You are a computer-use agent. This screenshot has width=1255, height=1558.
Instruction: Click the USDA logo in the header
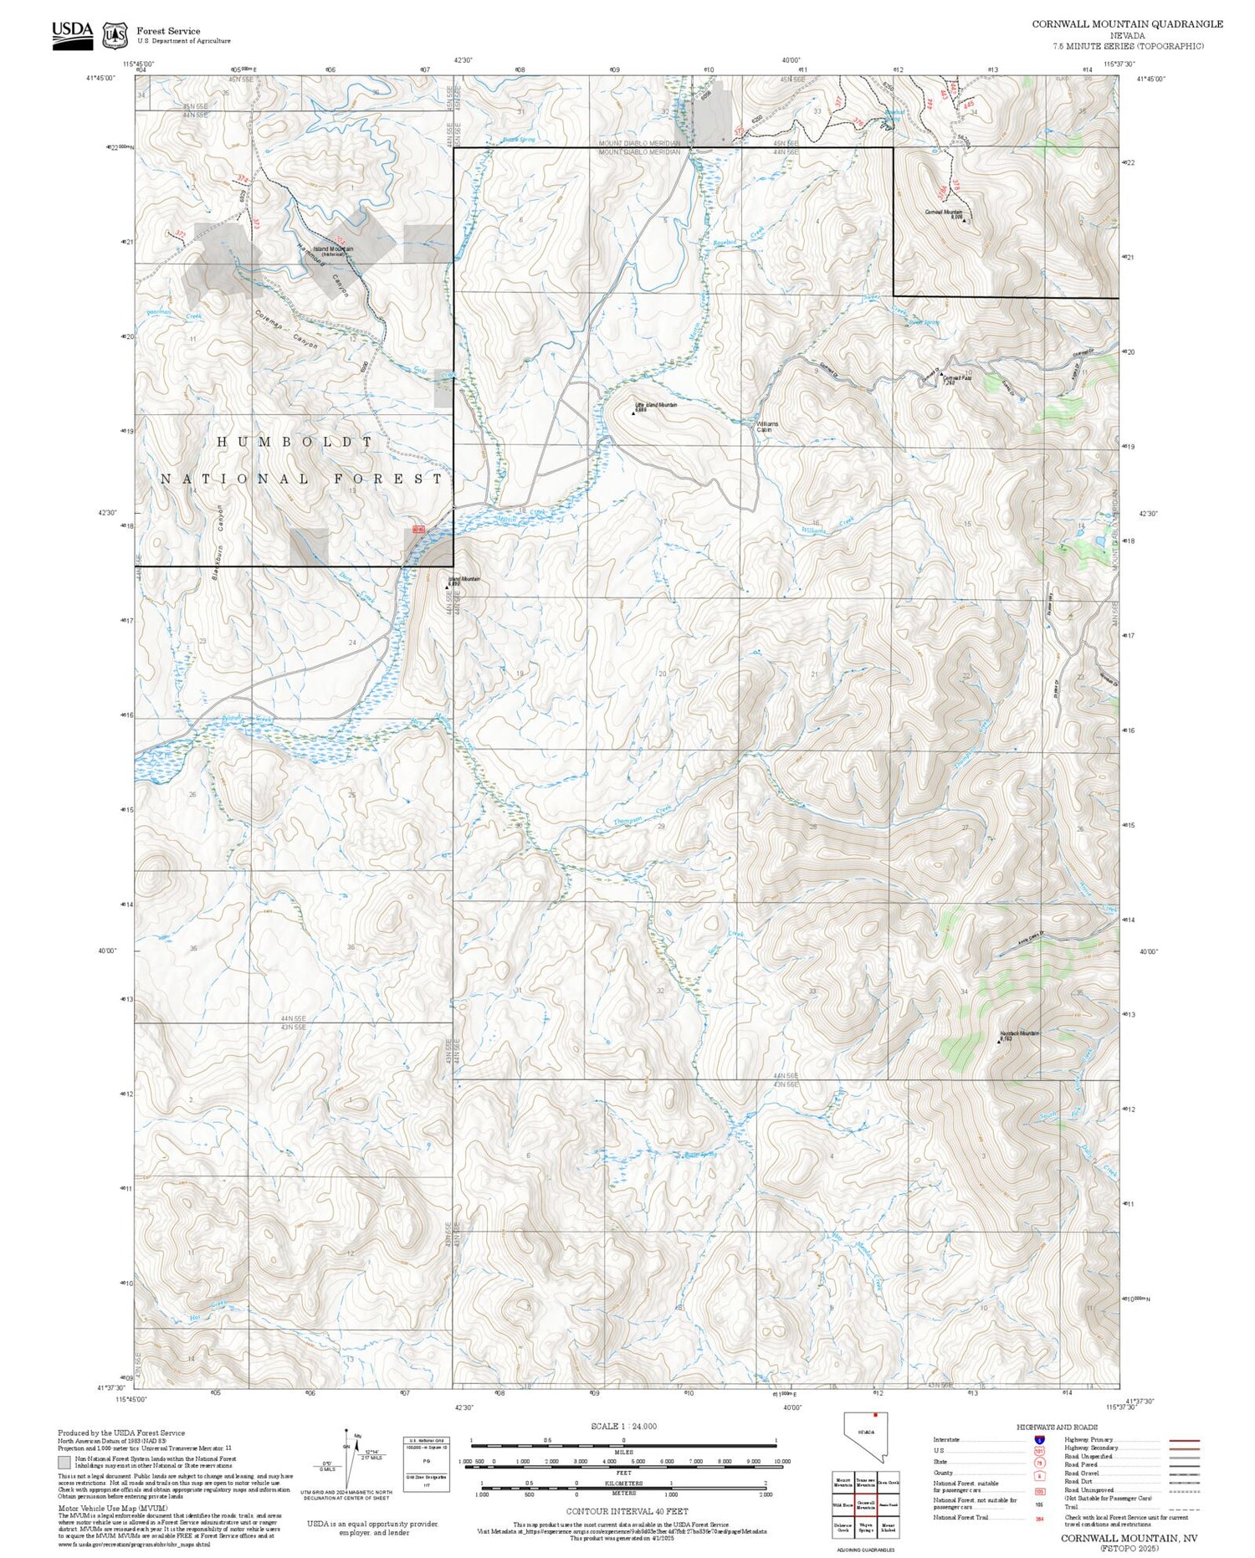tap(72, 34)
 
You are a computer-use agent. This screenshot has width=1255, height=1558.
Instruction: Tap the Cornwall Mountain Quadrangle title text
tap(1126, 24)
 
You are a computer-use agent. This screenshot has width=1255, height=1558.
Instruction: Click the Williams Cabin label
tap(766, 427)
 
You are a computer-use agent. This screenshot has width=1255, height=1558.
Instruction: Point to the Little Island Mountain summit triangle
tap(633, 413)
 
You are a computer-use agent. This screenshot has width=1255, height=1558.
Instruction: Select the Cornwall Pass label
tap(956, 378)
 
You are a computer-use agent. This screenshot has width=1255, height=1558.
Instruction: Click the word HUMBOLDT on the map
tap(295, 441)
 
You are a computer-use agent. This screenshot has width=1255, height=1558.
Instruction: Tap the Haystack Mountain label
tap(1020, 1034)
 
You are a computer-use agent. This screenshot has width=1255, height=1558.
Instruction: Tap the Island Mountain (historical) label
tap(333, 249)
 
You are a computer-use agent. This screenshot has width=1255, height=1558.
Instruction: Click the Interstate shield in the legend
tap(1038, 1439)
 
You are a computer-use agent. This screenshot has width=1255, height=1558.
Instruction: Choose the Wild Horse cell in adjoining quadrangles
tap(843, 1504)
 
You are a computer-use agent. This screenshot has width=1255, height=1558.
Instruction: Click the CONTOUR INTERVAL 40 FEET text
tap(627, 1511)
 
